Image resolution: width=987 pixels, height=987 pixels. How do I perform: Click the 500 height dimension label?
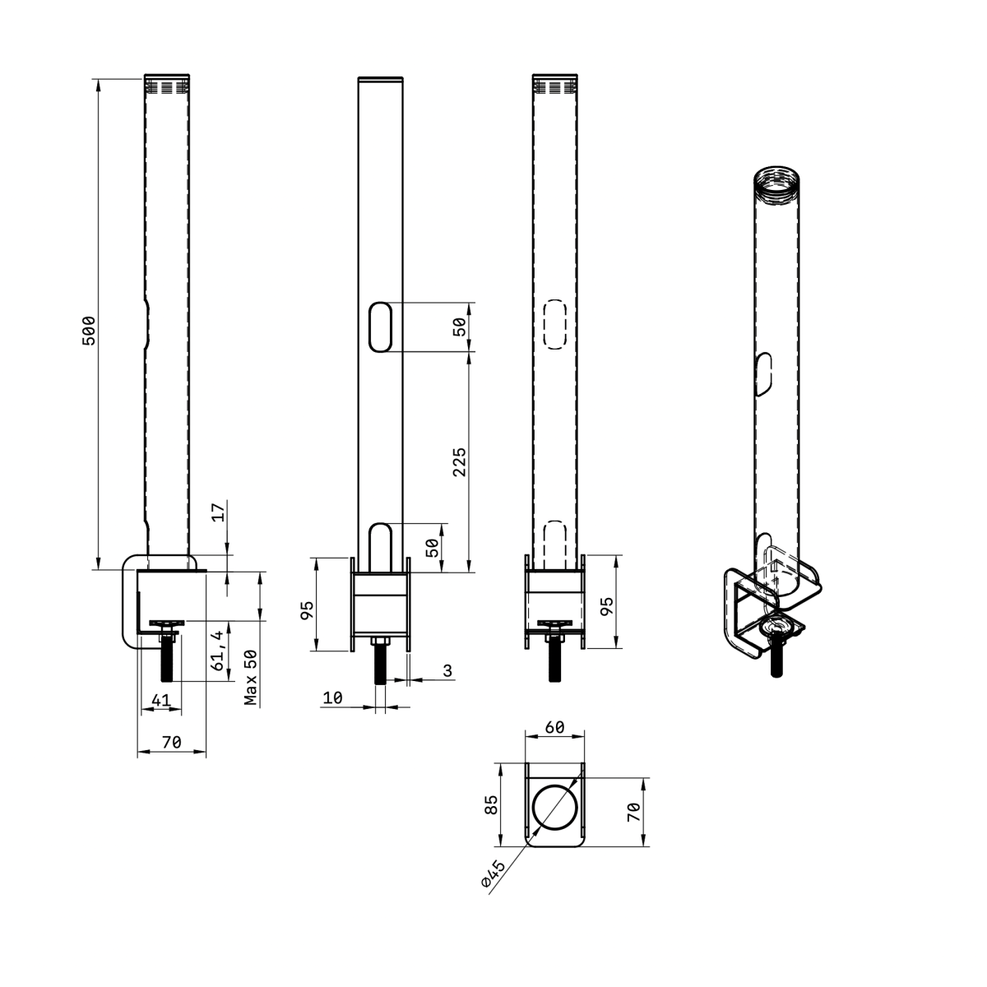pos(89,331)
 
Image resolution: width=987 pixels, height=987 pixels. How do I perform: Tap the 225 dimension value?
pos(460,462)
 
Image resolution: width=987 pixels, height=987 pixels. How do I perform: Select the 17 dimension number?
pos(218,512)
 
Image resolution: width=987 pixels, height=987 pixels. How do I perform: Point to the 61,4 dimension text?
pos(217,650)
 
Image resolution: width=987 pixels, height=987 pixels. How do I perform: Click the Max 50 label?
pos(251,677)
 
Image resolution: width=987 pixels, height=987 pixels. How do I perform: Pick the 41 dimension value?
pos(161,700)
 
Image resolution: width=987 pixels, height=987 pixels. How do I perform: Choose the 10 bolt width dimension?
pos(333,697)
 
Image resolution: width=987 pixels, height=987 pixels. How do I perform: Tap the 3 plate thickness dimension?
pos(447,670)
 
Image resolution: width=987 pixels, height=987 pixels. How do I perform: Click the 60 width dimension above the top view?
pos(554,727)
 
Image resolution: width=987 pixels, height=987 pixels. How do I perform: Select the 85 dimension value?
pos(490,804)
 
